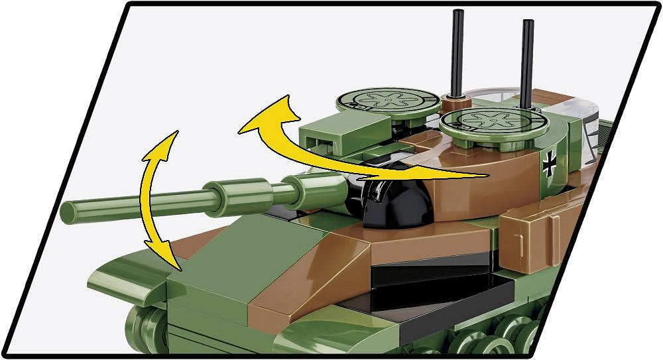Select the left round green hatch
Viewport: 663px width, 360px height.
pyautogui.click(x=388, y=101)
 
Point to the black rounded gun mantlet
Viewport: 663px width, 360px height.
pyautogui.click(x=398, y=202)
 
